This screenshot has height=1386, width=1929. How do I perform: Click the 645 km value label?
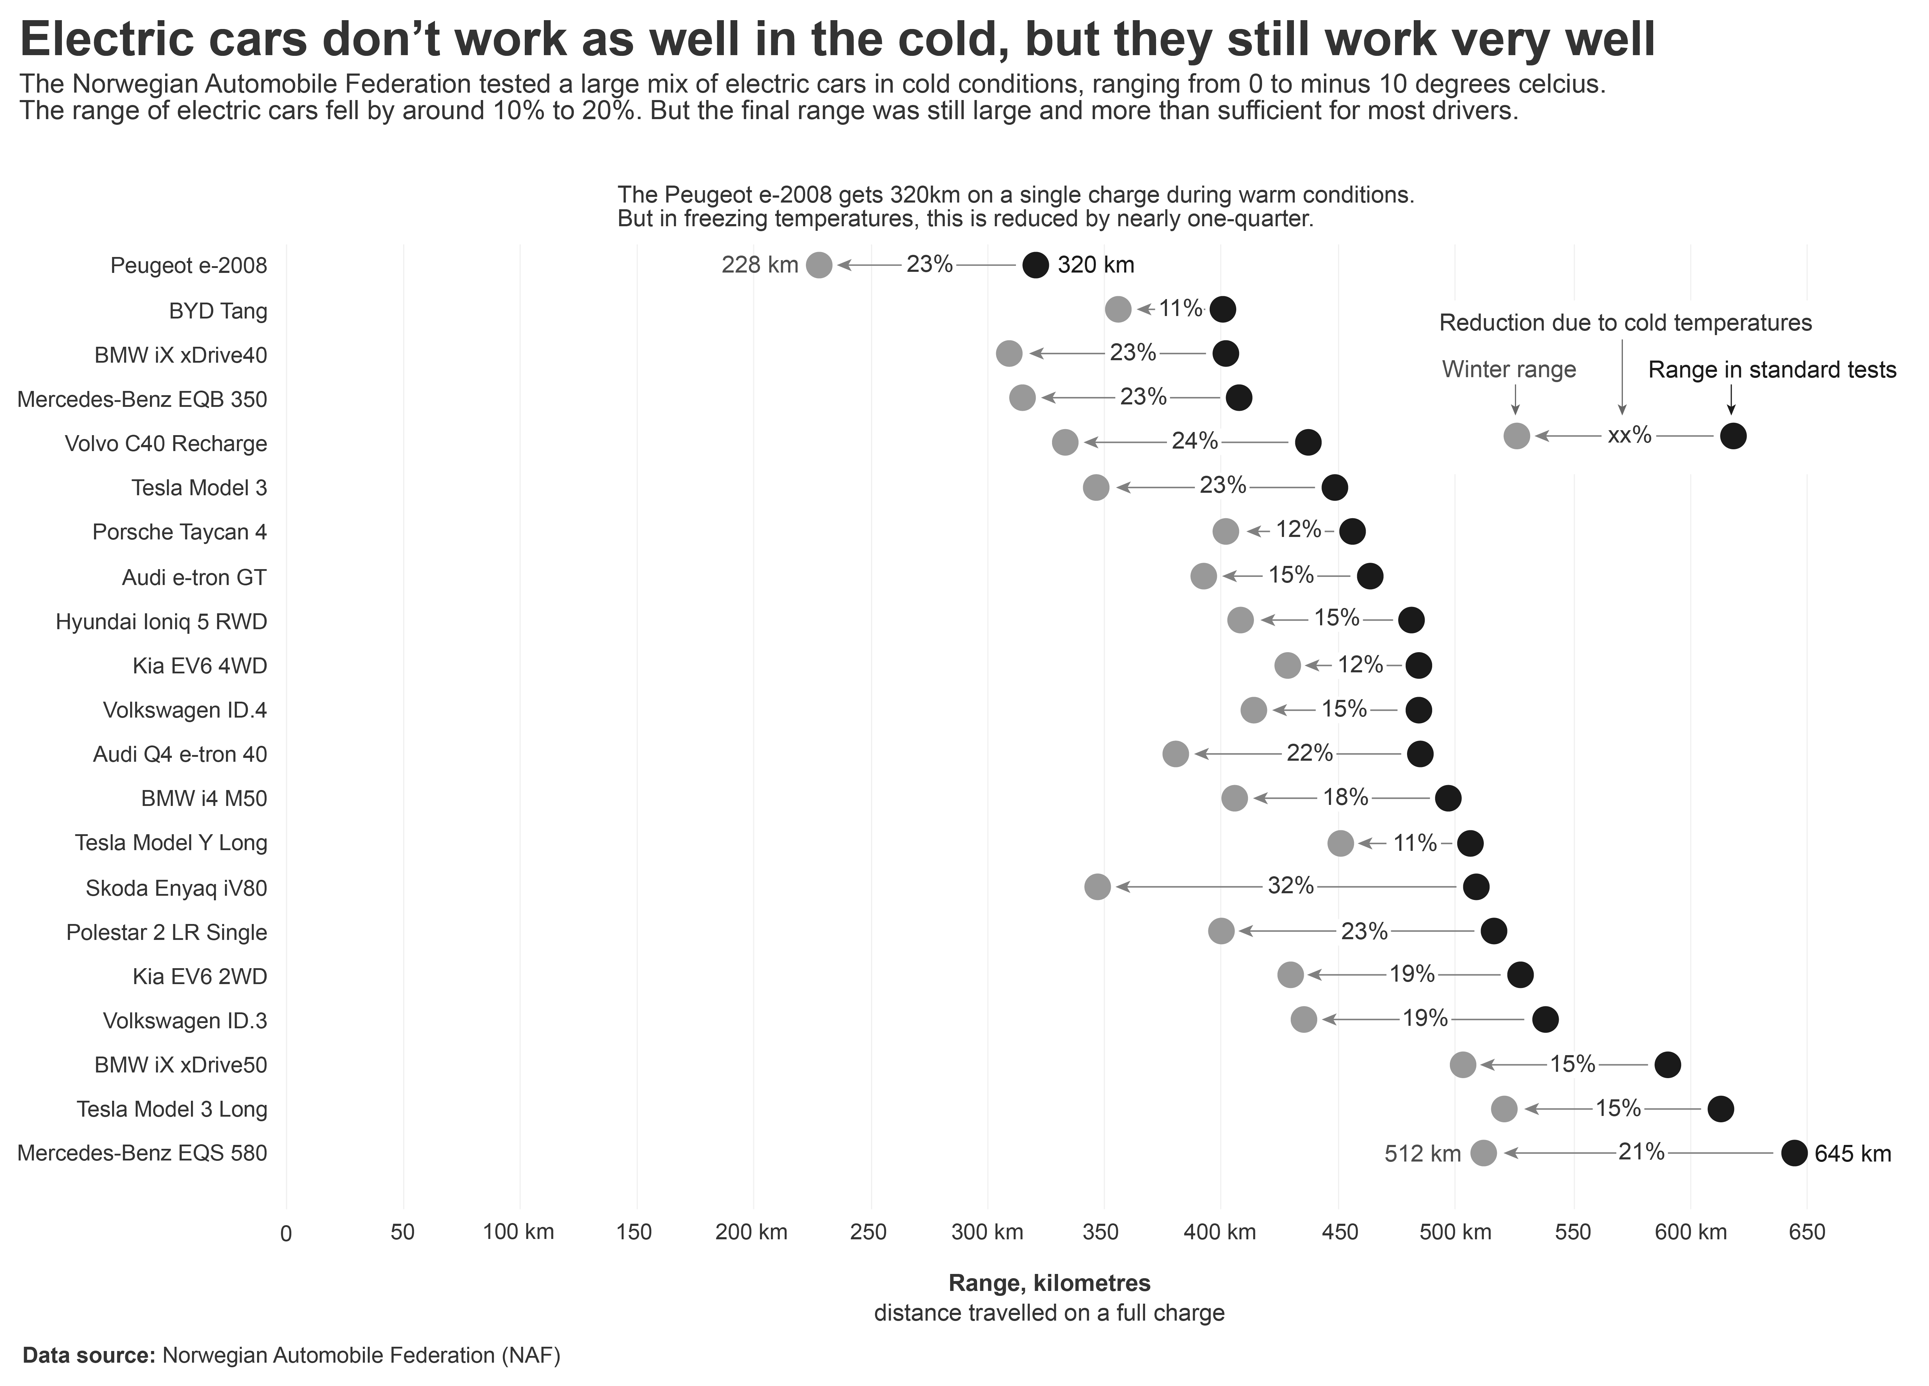coord(1853,1154)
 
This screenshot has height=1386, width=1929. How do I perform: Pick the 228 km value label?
coord(760,265)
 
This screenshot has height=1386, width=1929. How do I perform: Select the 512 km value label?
coord(1422,1154)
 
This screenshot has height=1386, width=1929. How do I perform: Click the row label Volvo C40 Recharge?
coord(166,443)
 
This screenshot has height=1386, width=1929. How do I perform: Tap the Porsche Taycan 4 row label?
coord(179,531)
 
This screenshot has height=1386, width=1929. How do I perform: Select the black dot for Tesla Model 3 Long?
coord(1720,1109)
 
